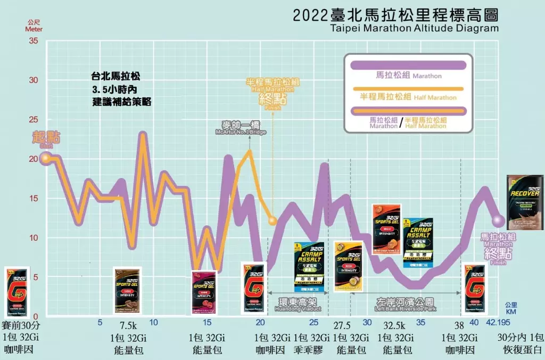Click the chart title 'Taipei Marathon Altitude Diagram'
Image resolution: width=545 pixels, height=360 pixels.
414,28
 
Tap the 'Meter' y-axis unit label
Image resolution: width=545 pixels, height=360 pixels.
34,29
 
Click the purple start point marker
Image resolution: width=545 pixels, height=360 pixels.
46,158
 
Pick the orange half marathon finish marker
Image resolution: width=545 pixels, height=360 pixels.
272,220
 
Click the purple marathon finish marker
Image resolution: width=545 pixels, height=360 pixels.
499,220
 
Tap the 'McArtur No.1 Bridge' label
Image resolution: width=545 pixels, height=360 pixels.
240,132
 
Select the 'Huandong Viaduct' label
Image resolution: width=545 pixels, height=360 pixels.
298,308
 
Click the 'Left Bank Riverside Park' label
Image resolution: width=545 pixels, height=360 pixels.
405,308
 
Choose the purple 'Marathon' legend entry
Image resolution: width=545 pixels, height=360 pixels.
408,76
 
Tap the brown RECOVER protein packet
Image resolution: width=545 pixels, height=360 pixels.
525,202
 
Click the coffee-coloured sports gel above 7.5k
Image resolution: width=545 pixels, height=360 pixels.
127,291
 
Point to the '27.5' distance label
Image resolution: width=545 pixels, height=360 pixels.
342,326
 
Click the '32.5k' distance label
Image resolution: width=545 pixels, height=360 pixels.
394,326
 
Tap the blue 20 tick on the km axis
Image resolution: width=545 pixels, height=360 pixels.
260,322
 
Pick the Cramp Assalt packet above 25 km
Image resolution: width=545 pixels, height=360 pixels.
309,266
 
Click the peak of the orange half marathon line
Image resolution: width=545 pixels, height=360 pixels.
249,152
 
